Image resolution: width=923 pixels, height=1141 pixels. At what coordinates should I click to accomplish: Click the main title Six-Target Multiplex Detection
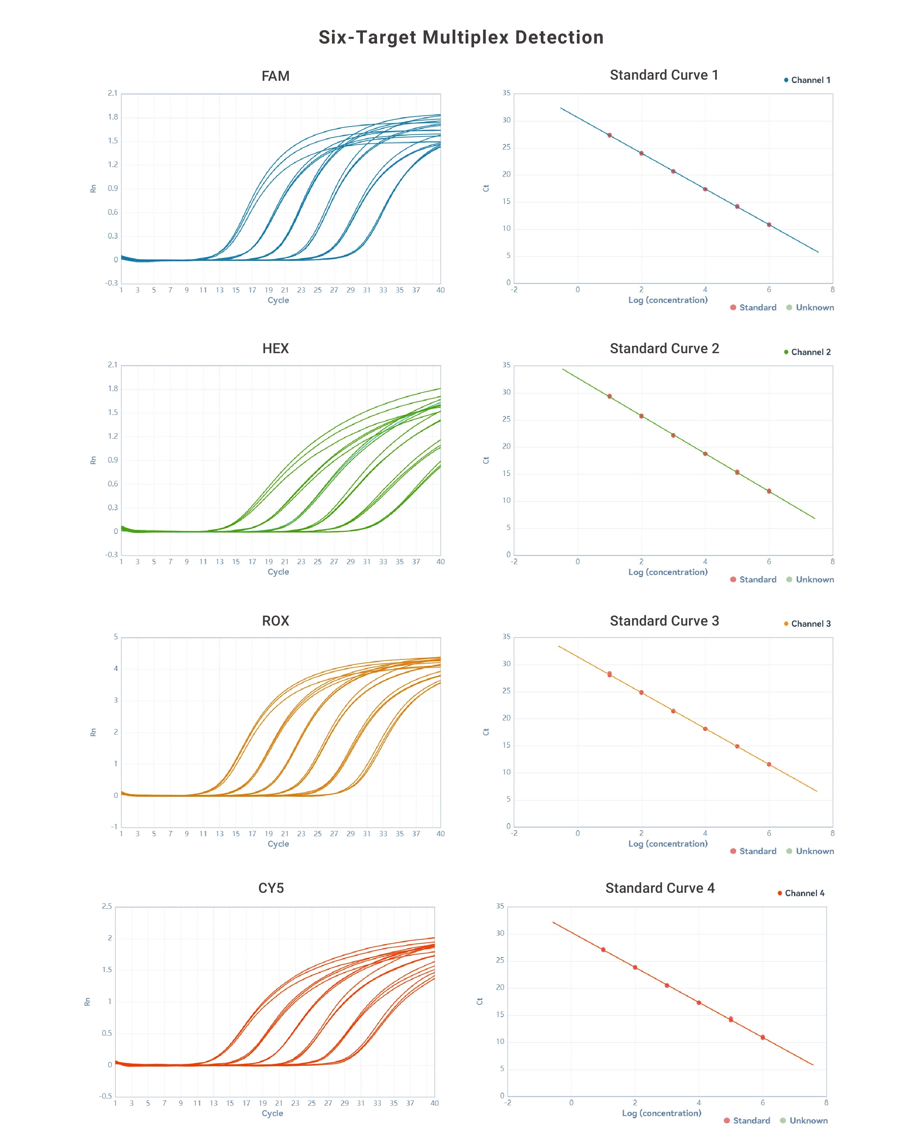click(x=461, y=37)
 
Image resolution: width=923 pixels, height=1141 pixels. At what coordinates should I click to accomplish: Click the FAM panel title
click(x=275, y=76)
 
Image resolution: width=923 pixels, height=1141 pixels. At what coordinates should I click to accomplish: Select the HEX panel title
click(x=275, y=348)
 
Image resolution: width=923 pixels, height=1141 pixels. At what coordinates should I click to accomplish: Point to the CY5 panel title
click(x=271, y=888)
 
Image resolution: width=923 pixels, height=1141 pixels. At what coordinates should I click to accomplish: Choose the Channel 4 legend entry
click(x=801, y=893)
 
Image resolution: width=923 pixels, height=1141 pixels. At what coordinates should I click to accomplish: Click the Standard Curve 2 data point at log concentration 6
click(x=769, y=491)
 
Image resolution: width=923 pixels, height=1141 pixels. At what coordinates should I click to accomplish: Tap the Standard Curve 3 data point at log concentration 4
click(x=705, y=729)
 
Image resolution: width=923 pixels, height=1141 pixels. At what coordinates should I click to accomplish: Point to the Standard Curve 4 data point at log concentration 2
click(x=635, y=967)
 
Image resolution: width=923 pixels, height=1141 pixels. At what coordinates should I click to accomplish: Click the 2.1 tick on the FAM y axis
click(x=112, y=93)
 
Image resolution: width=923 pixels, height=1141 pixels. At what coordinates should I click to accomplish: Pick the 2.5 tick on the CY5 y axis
click(x=107, y=906)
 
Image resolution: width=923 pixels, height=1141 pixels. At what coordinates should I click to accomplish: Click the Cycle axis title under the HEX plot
click(x=278, y=572)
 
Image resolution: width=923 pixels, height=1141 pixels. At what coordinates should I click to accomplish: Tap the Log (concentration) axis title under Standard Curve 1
click(x=668, y=300)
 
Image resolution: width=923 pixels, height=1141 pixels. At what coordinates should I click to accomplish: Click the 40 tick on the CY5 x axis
click(x=434, y=1103)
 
